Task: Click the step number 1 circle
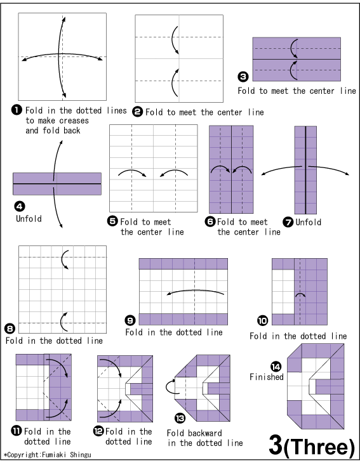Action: [18, 110]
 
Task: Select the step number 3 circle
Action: [243, 77]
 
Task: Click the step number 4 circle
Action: [18, 205]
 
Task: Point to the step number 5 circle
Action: [113, 222]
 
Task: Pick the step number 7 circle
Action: [287, 222]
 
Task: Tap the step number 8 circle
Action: [10, 329]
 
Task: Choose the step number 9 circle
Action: [130, 320]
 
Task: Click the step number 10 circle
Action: [262, 320]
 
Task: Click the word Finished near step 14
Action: [267, 377]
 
